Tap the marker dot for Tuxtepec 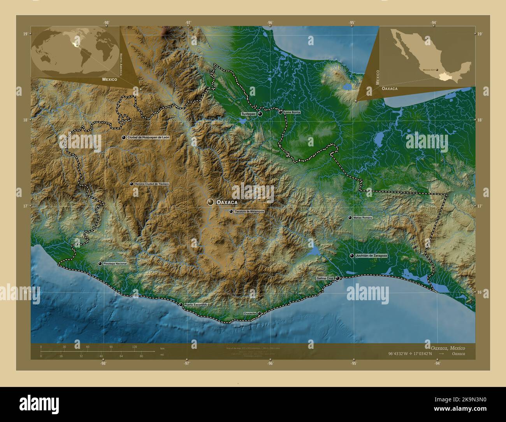(x=260, y=114)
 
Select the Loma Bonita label (x=292, y=112)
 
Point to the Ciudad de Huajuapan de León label (x=148, y=138)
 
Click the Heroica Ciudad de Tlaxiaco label (x=151, y=184)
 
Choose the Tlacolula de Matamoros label (x=249, y=211)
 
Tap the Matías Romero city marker (x=350, y=218)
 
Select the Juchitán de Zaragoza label (x=371, y=256)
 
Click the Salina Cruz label (x=325, y=278)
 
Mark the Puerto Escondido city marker (x=181, y=304)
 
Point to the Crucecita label (x=249, y=313)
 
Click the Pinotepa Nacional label (x=115, y=264)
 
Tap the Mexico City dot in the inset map (x=437, y=70)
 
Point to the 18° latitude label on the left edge (x=25, y=120)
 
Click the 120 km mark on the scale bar (x=135, y=346)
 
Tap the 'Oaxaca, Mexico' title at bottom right (x=447, y=347)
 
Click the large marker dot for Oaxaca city (x=211, y=202)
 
